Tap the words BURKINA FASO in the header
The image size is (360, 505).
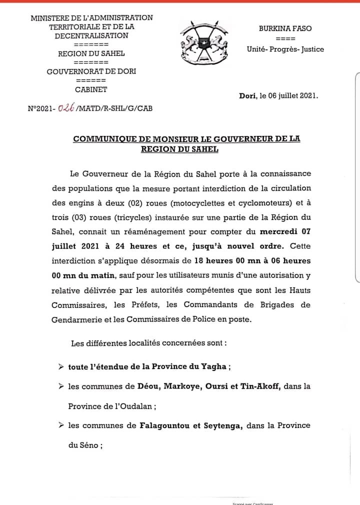click(285, 28)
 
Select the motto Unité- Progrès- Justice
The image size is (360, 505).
click(285, 49)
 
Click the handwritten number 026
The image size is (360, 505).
click(66, 107)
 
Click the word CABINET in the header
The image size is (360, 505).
click(91, 90)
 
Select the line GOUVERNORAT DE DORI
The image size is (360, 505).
click(91, 71)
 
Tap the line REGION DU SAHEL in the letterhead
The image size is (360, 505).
click(91, 53)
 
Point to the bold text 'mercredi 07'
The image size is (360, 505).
click(285, 232)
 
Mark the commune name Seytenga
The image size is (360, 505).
click(221, 425)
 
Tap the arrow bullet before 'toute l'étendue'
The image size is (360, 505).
click(60, 366)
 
